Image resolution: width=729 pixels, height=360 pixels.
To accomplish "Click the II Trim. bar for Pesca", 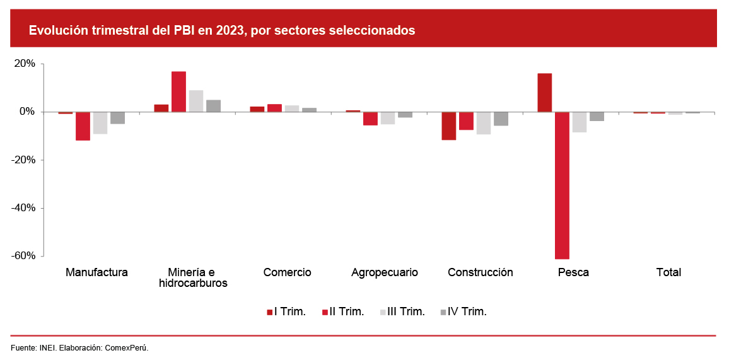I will point(562,185).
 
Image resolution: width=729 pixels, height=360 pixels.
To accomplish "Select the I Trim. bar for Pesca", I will point(545,93).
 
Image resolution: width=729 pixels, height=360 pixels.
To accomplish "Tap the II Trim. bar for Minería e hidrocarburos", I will point(178,91).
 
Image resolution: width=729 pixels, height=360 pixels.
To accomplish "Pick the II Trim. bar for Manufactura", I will point(83,126).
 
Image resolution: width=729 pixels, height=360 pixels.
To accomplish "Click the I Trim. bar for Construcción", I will point(449,126).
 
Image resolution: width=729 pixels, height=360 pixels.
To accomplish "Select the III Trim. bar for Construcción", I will point(484,123).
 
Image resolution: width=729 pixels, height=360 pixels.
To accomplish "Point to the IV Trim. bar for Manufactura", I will point(117,118).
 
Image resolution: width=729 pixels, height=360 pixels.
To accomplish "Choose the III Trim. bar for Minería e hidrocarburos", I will point(196,101).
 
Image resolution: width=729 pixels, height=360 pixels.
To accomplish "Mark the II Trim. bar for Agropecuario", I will point(370,119).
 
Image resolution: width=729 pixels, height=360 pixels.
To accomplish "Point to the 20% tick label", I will point(25,64).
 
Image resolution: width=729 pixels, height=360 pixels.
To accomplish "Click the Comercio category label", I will point(287,272).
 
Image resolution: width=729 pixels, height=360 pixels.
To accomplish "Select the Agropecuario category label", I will point(385,272).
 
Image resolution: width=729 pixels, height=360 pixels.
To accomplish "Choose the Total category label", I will point(668,272).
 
